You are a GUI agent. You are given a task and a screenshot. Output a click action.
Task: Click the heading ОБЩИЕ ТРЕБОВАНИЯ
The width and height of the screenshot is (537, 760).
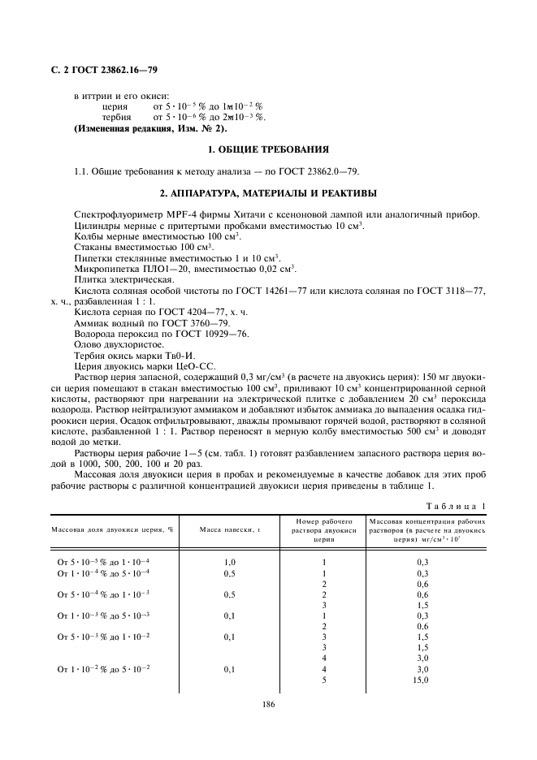point(268,150)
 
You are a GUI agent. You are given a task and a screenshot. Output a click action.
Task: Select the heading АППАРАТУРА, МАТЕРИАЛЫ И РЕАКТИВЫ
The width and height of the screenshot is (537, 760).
point(268,192)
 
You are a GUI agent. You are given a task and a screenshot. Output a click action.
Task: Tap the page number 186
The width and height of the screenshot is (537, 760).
point(269,704)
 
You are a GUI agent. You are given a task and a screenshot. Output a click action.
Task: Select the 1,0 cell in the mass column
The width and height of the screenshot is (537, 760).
point(230,562)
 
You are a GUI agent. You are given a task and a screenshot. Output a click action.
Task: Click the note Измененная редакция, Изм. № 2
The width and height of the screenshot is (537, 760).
point(150,128)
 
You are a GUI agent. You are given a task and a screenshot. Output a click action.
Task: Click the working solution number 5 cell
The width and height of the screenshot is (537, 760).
point(323,680)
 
